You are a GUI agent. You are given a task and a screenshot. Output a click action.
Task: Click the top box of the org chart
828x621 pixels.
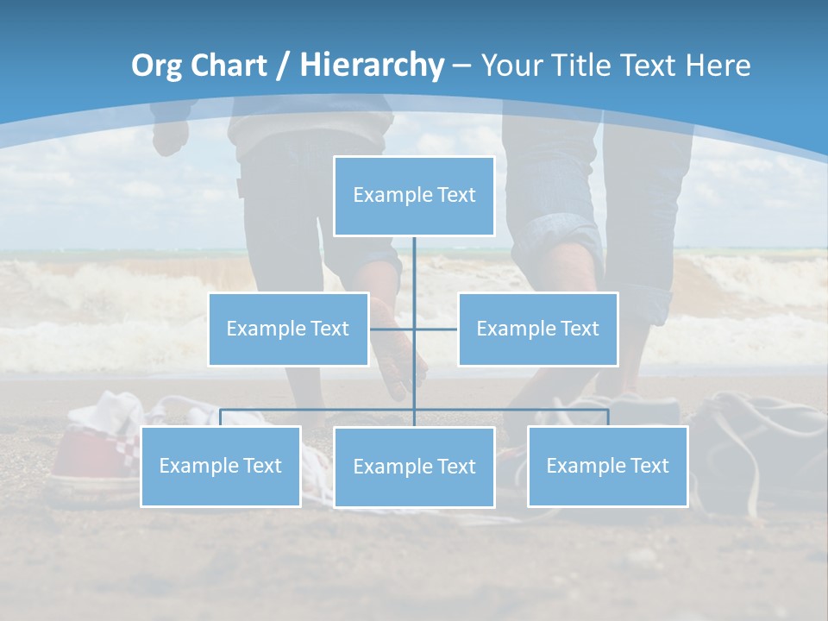point(414,196)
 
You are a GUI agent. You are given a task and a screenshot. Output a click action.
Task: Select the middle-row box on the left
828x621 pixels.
point(288,329)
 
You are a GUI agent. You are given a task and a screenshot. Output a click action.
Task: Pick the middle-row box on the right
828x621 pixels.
point(537,329)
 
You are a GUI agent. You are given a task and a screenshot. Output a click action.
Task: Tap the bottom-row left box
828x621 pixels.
point(221,466)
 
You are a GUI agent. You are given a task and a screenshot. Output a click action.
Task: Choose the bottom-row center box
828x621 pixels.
point(414,467)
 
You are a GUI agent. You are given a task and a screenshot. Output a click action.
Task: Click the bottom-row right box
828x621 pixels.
point(607,466)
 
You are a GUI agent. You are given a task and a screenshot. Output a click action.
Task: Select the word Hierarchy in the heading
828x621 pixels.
point(372,66)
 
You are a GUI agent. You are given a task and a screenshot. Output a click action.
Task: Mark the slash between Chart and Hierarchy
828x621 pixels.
point(284,66)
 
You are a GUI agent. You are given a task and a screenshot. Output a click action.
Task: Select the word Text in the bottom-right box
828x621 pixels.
point(649,466)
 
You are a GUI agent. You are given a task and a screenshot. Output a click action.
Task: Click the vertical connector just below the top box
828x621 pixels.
point(414,259)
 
